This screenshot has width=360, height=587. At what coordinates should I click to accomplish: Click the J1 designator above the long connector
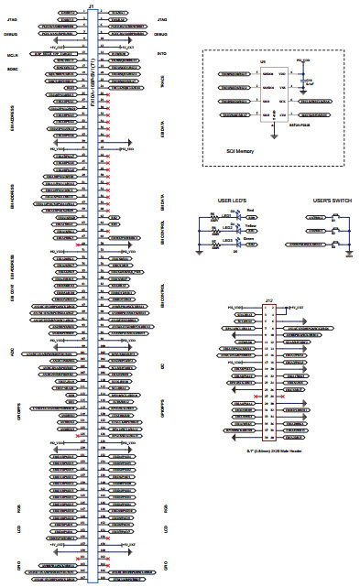tap(91, 5)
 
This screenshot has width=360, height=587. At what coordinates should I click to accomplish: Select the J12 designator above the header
tap(268, 300)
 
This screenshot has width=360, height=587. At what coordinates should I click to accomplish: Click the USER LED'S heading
tap(233, 199)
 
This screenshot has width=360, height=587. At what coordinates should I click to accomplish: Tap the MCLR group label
tap(13, 54)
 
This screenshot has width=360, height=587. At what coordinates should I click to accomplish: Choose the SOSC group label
tap(13, 66)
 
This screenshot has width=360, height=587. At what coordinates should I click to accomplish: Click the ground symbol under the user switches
tap(349, 254)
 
